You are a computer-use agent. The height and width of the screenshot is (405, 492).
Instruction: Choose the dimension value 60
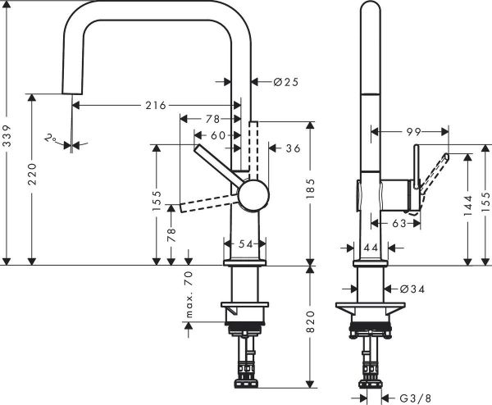(x=217, y=134)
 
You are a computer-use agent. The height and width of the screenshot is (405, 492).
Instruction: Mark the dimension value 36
(x=293, y=148)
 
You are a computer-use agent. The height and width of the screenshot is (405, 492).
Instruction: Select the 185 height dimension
(x=312, y=193)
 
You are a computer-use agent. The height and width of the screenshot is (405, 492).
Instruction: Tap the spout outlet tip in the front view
(x=72, y=93)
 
